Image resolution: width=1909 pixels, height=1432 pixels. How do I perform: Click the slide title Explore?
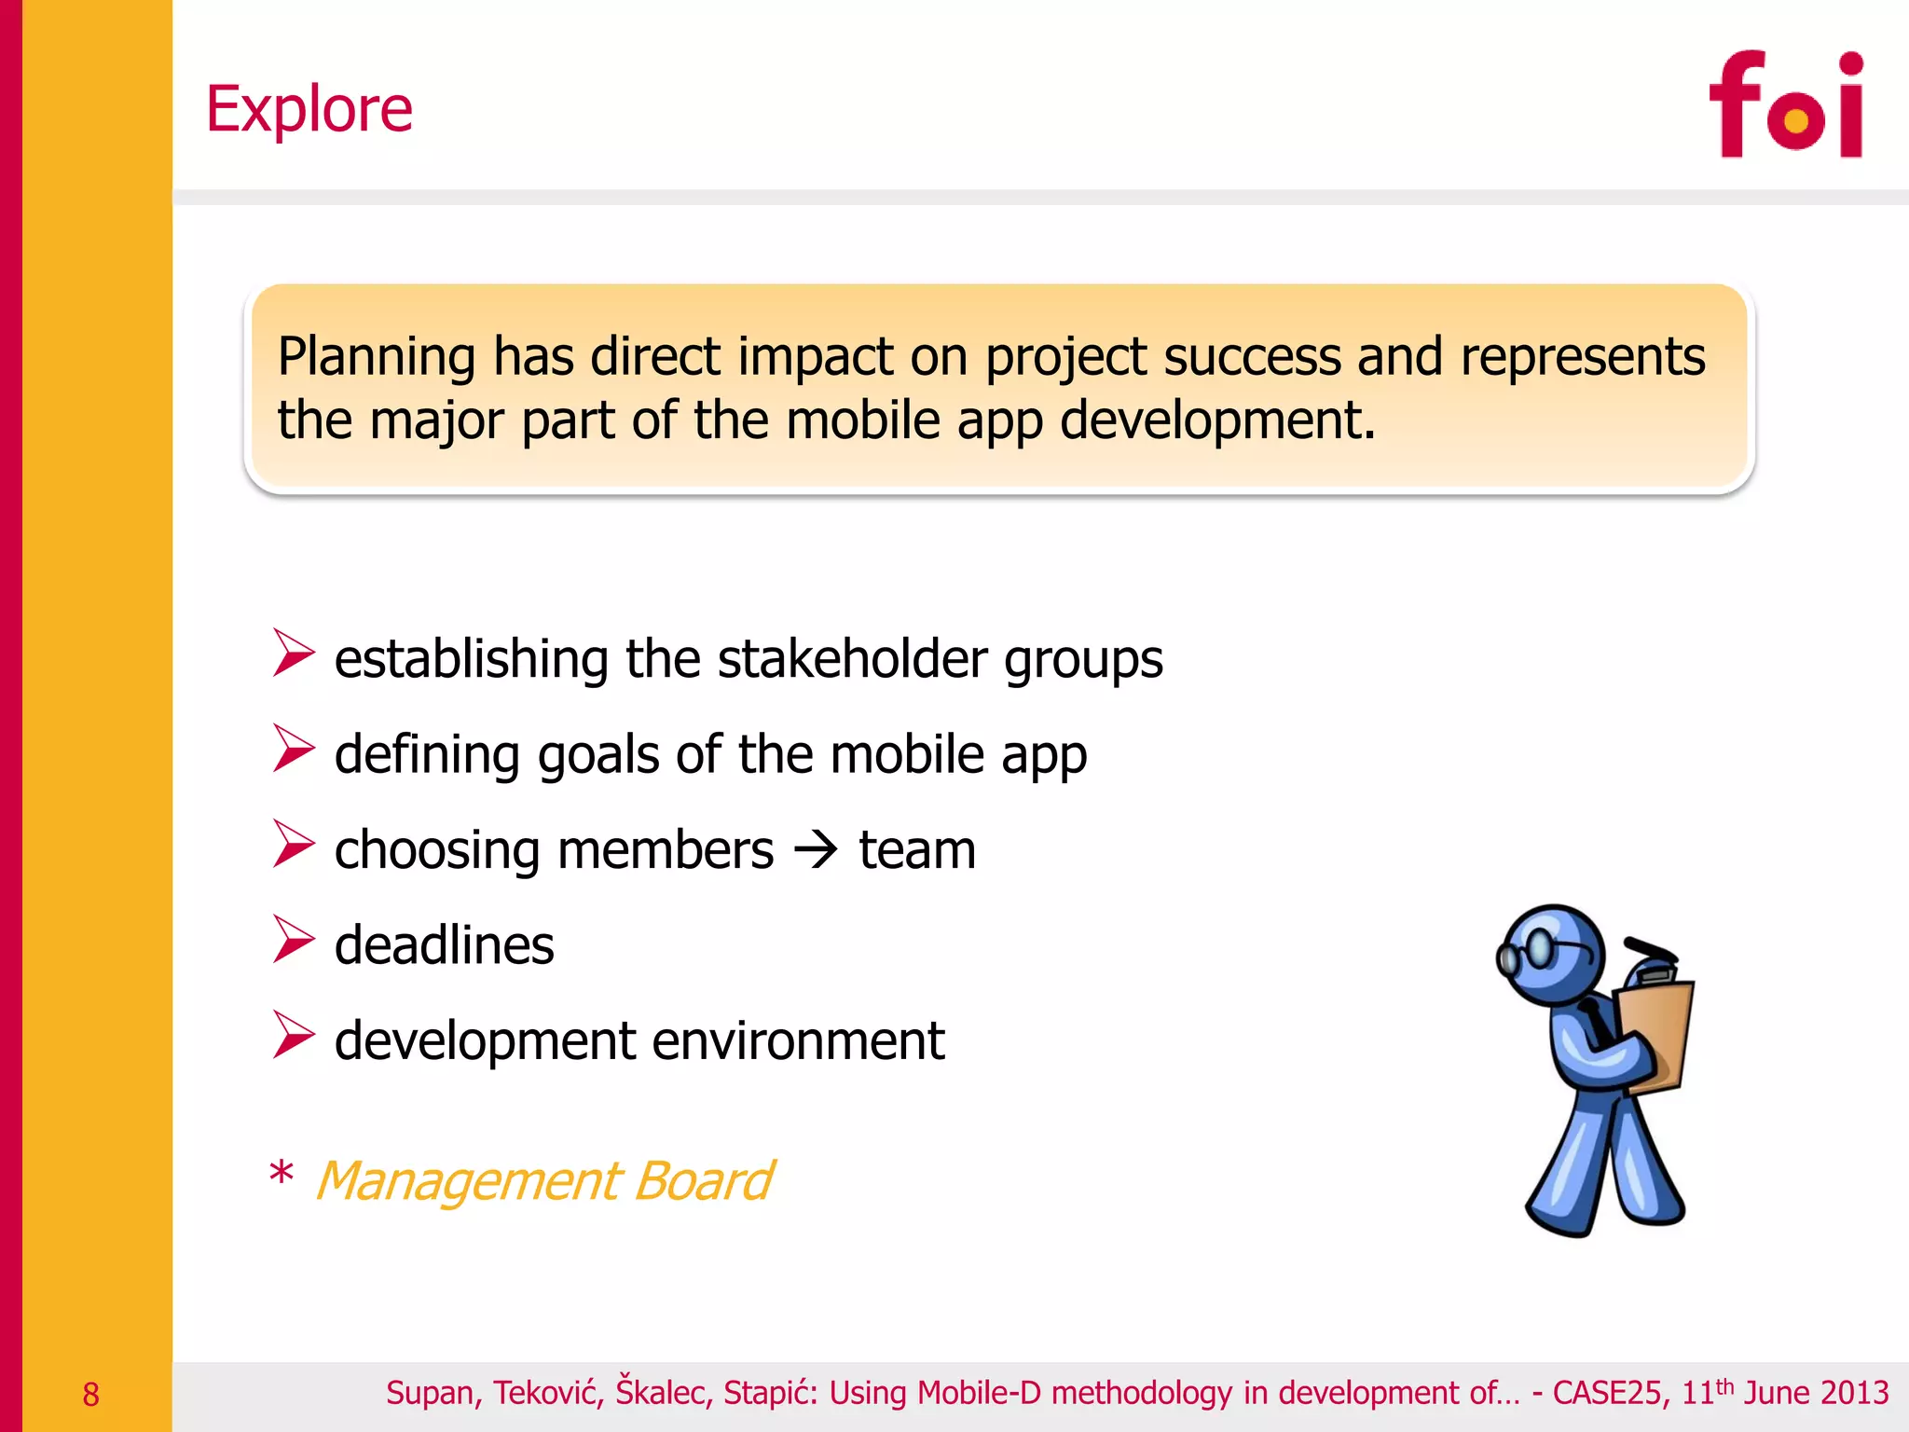pyautogui.click(x=309, y=109)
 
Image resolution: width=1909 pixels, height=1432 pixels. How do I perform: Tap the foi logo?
pyautogui.click(x=1785, y=105)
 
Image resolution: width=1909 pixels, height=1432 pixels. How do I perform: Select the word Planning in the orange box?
pyautogui.click(x=378, y=358)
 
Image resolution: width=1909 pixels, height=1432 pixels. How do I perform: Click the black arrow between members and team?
pyautogui.click(x=817, y=850)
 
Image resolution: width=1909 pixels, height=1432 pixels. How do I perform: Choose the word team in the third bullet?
pyautogui.click(x=917, y=850)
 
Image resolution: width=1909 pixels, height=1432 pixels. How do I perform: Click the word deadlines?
pyautogui.click(x=444, y=945)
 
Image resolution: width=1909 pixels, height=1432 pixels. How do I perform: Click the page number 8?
pyautogui.click(x=90, y=1395)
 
